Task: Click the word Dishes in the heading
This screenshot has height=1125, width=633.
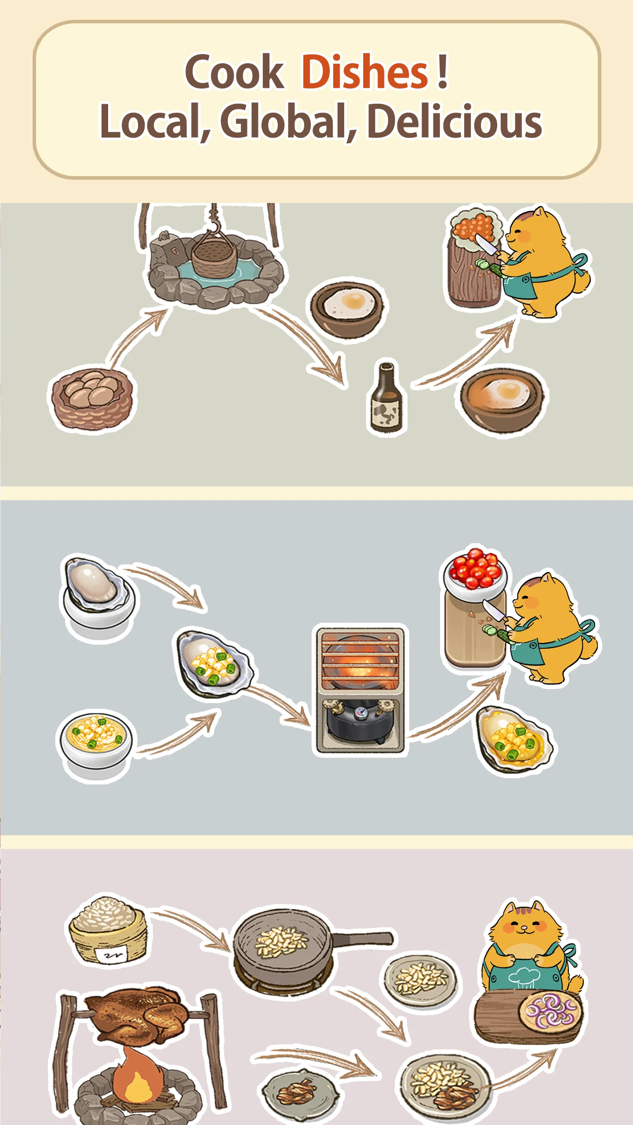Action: tap(365, 71)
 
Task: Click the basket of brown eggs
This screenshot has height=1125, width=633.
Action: tap(92, 398)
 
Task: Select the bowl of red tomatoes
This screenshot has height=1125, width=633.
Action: tap(475, 571)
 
